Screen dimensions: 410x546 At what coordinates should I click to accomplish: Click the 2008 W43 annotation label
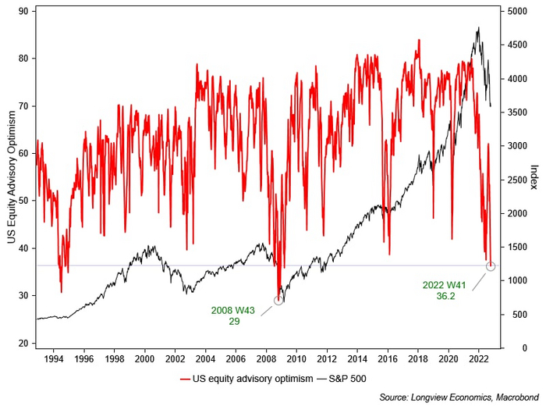coord(233,316)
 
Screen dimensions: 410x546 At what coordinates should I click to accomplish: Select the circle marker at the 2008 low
coord(278,300)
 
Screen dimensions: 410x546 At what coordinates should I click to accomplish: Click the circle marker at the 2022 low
coord(491,266)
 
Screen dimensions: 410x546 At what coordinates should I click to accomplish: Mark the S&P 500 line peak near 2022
coord(478,28)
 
